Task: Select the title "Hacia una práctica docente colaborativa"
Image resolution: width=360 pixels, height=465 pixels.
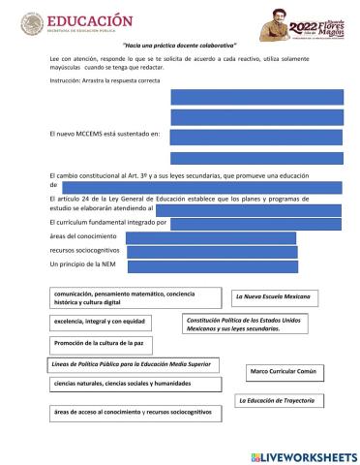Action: pos(180,46)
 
